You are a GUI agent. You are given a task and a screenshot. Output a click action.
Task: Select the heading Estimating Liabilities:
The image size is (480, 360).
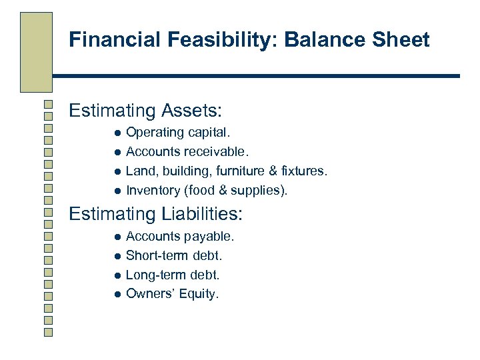(x=156, y=214)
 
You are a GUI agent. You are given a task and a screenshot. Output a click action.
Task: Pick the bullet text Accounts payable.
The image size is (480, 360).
(x=180, y=237)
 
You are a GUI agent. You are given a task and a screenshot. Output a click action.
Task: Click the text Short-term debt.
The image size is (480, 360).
(x=174, y=255)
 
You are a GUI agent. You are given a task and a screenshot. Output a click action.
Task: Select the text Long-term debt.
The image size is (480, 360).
(x=173, y=275)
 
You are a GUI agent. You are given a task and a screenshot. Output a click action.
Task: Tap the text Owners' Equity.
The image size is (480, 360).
(x=172, y=293)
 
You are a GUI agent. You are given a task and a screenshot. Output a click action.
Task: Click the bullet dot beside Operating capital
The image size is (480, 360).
(x=116, y=134)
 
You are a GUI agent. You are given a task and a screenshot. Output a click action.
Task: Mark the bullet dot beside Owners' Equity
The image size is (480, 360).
(x=116, y=294)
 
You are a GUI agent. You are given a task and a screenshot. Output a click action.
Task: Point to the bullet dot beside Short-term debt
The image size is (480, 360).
(x=116, y=256)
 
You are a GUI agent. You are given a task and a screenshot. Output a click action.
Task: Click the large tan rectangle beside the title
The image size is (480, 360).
(x=36, y=52)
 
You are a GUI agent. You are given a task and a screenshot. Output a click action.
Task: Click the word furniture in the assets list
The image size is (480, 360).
(x=239, y=171)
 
